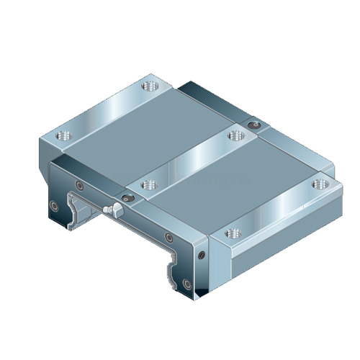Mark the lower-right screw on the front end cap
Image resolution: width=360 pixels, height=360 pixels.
pyautogui.click(x=186, y=282)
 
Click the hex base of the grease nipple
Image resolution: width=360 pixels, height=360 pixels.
pyautogui.click(x=117, y=210)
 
